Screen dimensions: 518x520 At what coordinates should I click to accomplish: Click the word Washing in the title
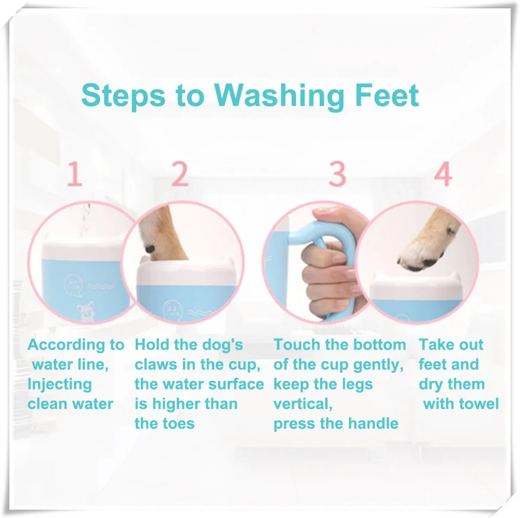click(279, 96)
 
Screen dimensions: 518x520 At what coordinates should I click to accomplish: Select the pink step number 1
click(75, 175)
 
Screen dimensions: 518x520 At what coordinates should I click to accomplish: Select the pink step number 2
click(180, 174)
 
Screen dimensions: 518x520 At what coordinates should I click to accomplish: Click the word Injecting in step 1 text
click(60, 384)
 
